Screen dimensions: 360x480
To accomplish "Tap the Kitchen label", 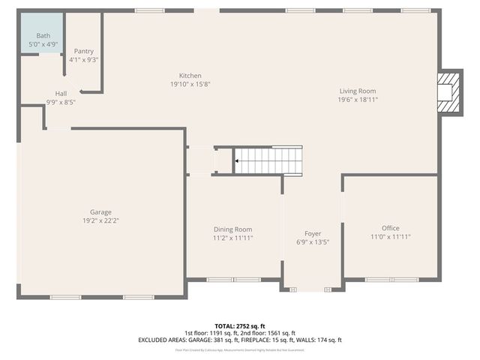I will coord(190,76).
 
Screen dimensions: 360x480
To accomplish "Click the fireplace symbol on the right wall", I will coord(447,92).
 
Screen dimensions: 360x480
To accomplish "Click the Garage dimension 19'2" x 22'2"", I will coord(101,220).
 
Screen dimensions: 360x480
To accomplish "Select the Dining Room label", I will coord(232,229).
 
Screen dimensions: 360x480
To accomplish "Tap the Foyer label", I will coord(312,234).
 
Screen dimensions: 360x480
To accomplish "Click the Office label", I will coord(390,229).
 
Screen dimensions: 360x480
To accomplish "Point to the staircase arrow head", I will coord(237,160).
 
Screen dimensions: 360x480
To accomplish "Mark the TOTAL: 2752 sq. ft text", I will coord(240,326).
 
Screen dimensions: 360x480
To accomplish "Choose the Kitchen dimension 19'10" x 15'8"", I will coord(190,84).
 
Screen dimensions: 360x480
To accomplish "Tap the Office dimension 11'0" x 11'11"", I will coord(390,237).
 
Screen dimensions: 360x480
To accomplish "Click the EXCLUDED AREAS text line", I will coord(240,340).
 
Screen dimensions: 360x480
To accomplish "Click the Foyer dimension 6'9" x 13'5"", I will coord(312,242).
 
